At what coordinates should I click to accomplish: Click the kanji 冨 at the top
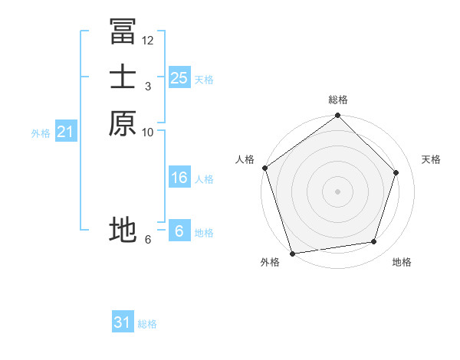click(x=123, y=31)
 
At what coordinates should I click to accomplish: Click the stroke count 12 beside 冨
click(x=148, y=40)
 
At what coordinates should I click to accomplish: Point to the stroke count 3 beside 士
click(x=148, y=86)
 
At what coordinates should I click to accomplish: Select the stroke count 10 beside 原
click(x=148, y=132)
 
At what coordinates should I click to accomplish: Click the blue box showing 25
click(x=179, y=77)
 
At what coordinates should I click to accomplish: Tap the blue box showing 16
click(x=179, y=178)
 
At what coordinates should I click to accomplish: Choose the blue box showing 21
click(x=65, y=133)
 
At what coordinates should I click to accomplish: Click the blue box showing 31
click(x=123, y=322)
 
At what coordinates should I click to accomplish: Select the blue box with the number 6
click(x=179, y=231)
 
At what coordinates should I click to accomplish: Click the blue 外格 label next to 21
click(x=41, y=133)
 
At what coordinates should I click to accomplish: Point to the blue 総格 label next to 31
click(x=147, y=324)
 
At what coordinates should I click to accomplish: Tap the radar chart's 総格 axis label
click(x=337, y=100)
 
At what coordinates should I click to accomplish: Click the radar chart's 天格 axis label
click(x=431, y=159)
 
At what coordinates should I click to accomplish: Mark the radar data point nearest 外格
click(x=292, y=253)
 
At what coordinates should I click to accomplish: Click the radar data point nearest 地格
click(x=373, y=242)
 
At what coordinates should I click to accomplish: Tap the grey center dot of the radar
click(x=337, y=191)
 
